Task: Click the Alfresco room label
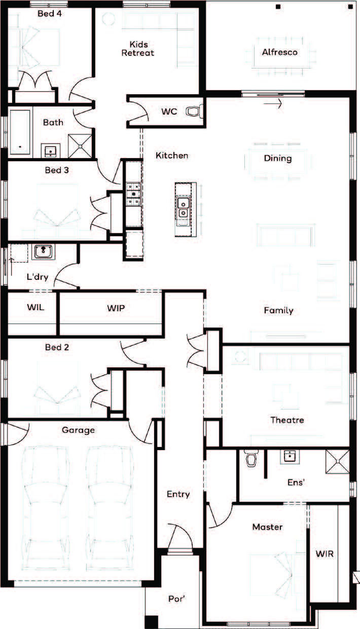[280, 52]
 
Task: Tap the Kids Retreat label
[138, 49]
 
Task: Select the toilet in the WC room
[194, 112]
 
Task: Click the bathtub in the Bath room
[20, 132]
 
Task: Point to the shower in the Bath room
[80, 146]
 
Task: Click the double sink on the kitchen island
[183, 207]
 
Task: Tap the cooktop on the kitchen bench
[133, 194]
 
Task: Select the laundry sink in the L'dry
[43, 251]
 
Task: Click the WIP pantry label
[116, 308]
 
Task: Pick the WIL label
[35, 307]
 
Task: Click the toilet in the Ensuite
[251, 458]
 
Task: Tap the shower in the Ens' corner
[337, 461]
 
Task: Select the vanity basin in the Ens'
[290, 456]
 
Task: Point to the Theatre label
[287, 420]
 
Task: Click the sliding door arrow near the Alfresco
[272, 103]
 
